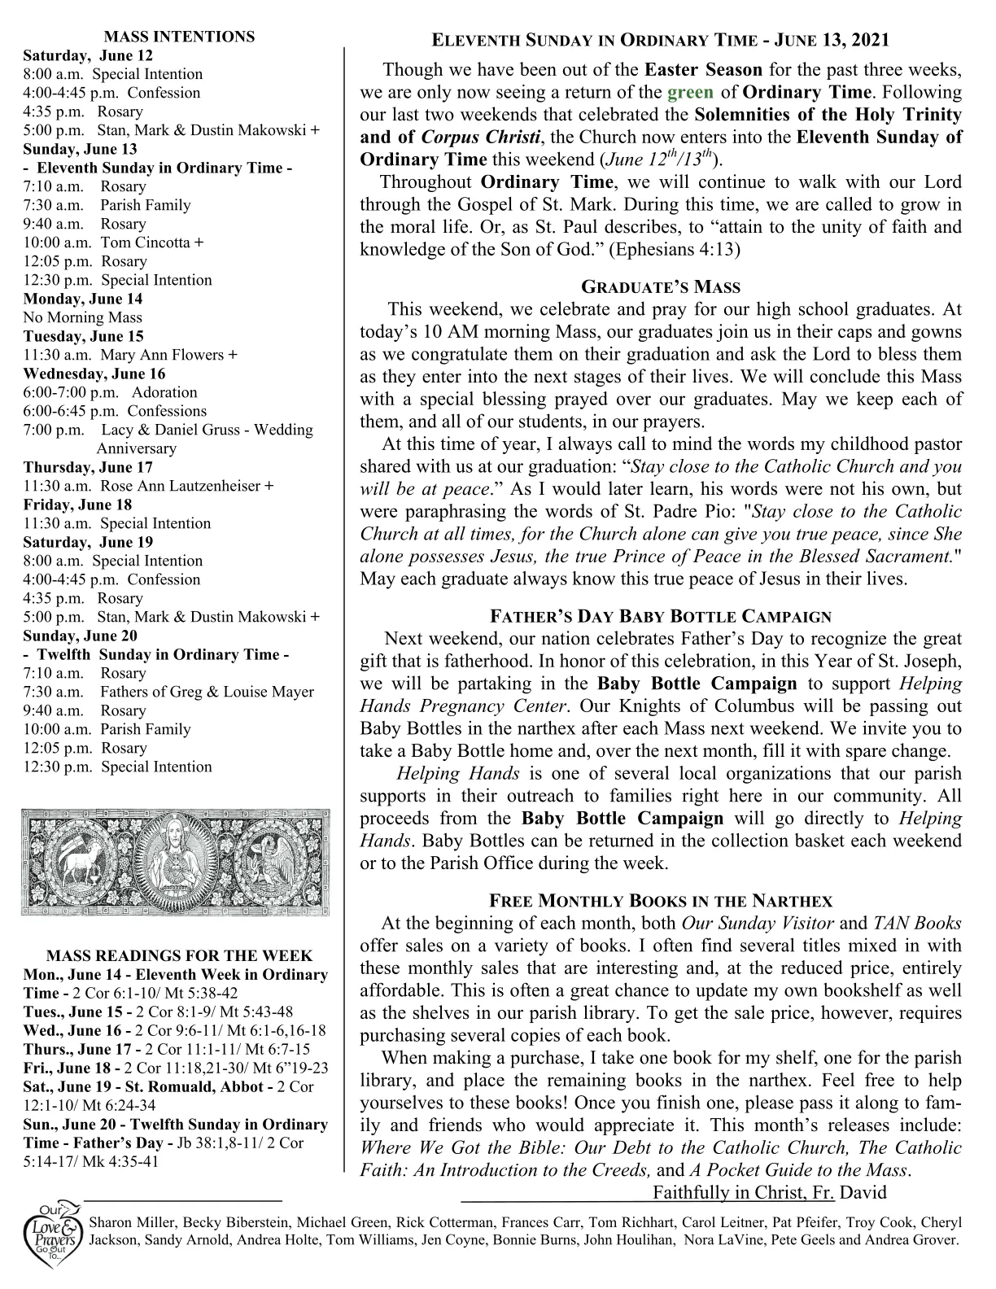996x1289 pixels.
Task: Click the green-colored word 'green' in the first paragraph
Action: tap(690, 92)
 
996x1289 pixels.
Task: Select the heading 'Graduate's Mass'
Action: tap(661, 286)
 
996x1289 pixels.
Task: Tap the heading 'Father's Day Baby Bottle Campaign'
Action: tap(661, 616)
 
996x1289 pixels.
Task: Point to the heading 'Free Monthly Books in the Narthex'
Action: tap(661, 901)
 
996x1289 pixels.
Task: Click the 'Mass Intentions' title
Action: tap(180, 37)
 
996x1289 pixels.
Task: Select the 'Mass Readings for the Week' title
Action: tap(180, 956)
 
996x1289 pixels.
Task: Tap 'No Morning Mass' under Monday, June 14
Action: tap(83, 317)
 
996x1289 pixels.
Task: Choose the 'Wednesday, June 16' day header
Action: tap(94, 374)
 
